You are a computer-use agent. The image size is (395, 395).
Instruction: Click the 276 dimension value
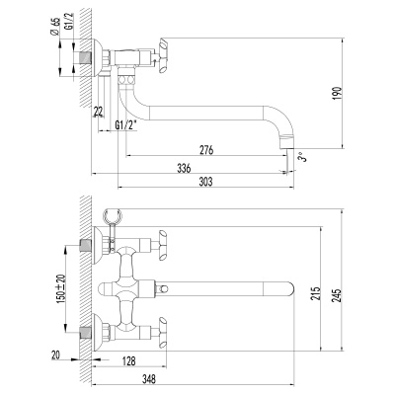pos(206,150)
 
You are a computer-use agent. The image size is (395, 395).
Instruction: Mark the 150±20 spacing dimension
pos(61,289)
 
